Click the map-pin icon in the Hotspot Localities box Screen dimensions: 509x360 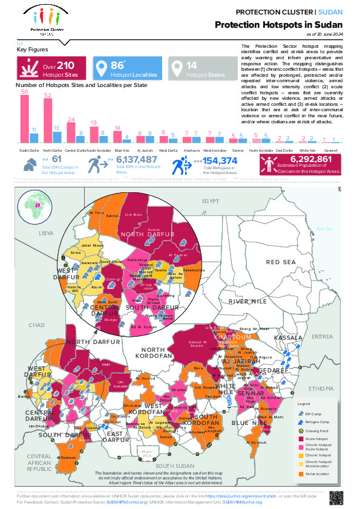click(101, 69)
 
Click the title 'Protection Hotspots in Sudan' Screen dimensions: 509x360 click(279, 25)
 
